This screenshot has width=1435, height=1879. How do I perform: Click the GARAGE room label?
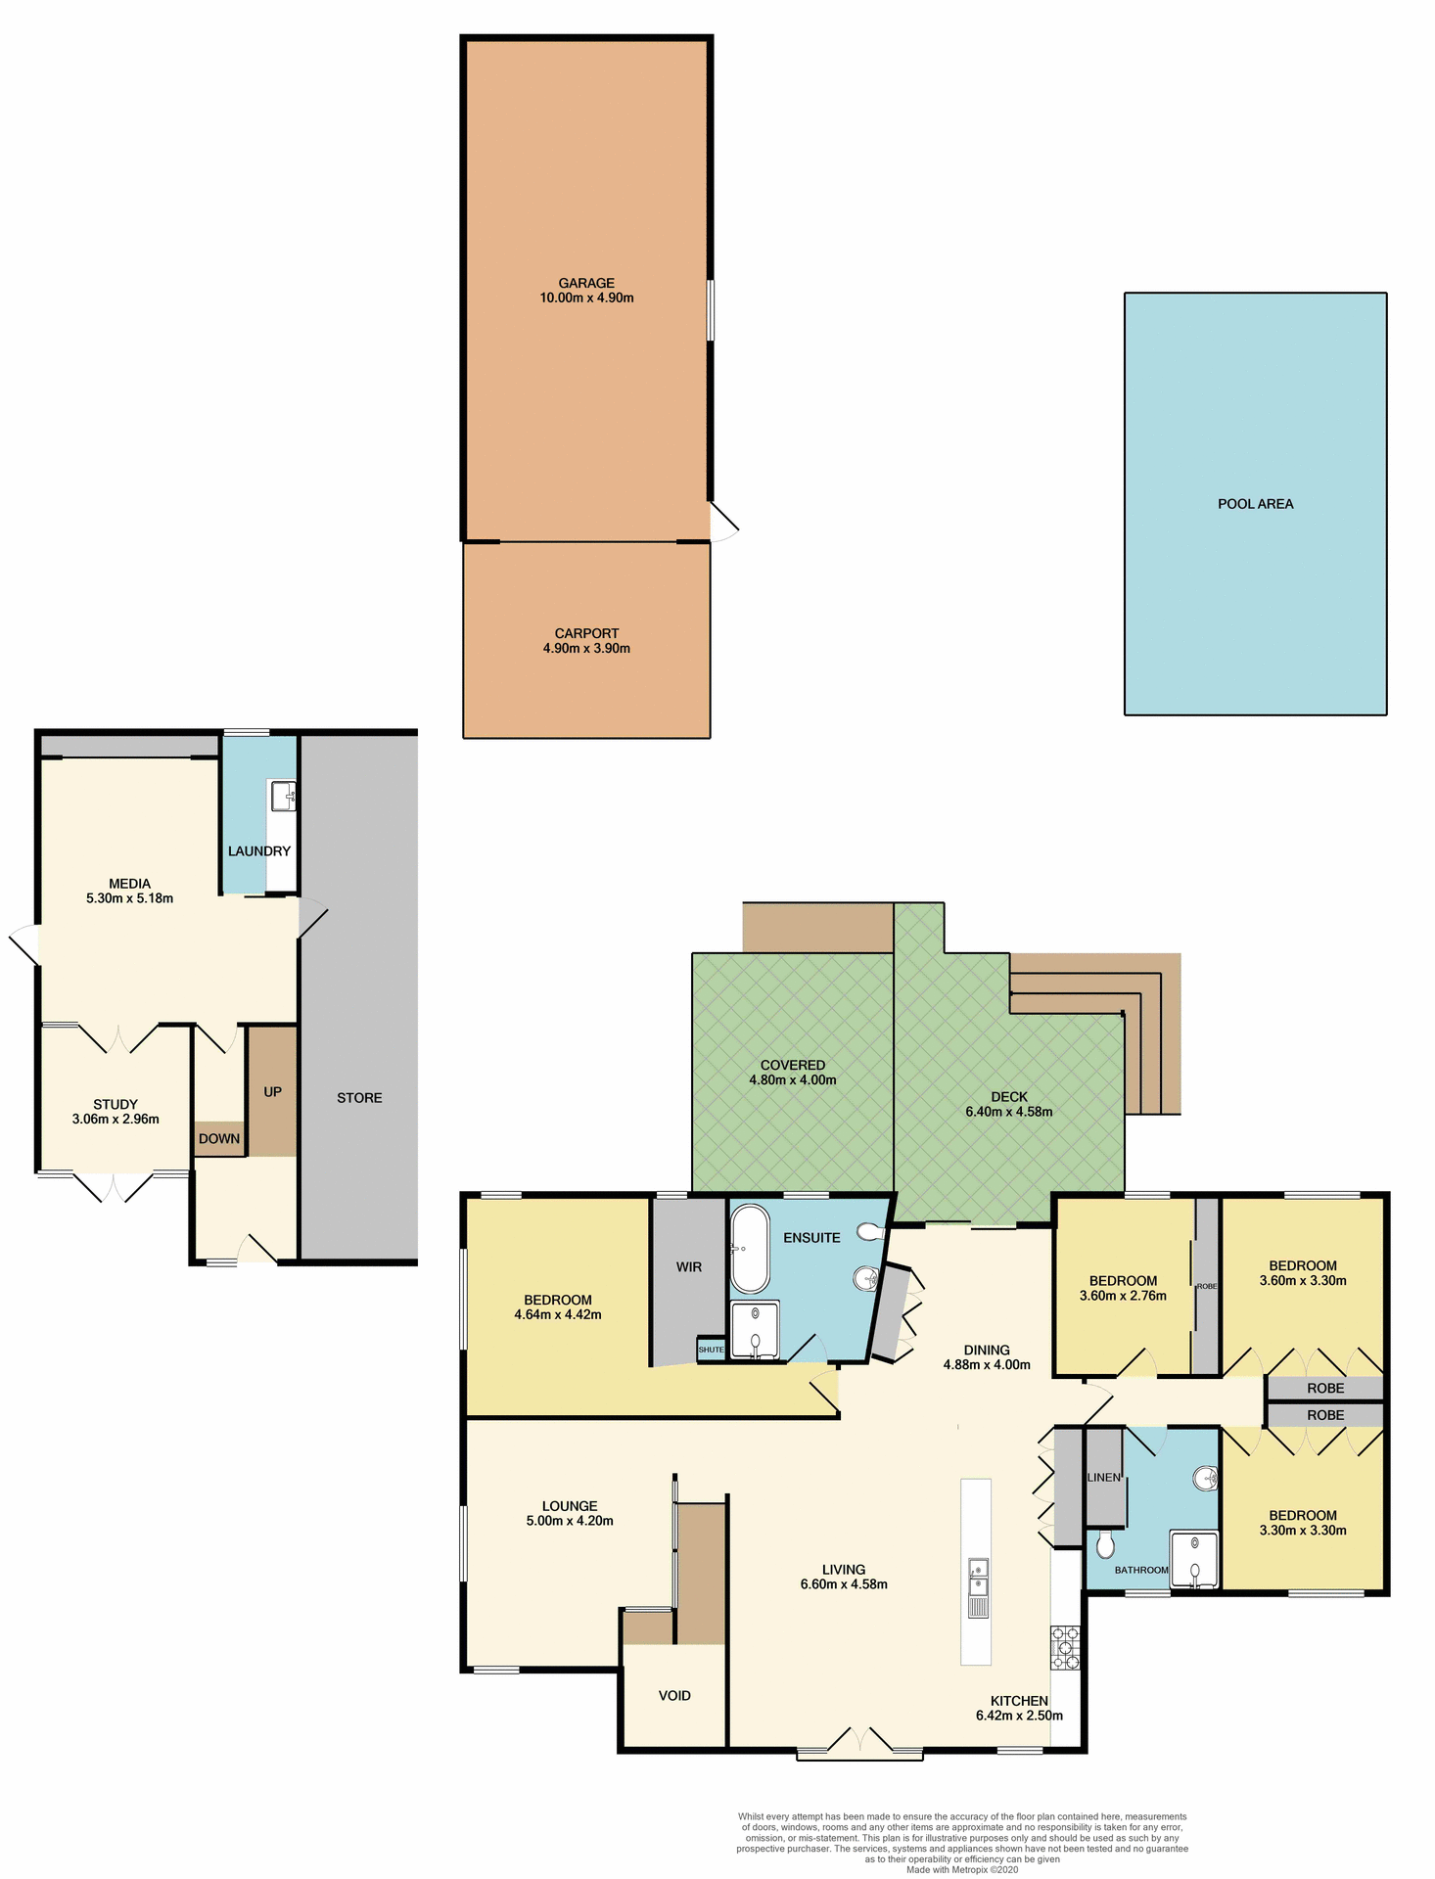pos(586,283)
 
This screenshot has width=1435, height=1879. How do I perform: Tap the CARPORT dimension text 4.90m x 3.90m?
pos(586,648)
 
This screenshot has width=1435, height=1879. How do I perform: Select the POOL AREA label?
pos(1255,504)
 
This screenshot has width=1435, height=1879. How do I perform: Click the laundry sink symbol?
pos(284,795)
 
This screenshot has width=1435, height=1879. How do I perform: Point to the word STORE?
pos(359,1098)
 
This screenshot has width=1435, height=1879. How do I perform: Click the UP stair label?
pos(272,1091)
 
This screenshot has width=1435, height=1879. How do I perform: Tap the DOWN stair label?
pos(219,1138)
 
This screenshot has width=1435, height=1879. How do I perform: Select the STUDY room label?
pos(116,1104)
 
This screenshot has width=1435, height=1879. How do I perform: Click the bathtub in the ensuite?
pos(751,1248)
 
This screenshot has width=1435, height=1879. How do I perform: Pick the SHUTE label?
pos(711,1350)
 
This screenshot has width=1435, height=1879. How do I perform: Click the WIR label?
pos(689,1266)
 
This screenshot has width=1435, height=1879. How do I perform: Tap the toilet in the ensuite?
pos(869,1231)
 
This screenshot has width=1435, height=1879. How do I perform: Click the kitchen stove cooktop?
pos(1065,1647)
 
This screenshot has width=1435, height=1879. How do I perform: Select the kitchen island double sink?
pos(978,1576)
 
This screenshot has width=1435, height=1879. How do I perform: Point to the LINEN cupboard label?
pos(1103,1477)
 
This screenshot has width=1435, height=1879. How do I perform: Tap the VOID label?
pos(674,1695)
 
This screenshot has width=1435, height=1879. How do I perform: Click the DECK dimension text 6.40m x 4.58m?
pos(1008,1112)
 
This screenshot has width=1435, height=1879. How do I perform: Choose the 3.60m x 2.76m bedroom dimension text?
pos(1123,1295)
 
